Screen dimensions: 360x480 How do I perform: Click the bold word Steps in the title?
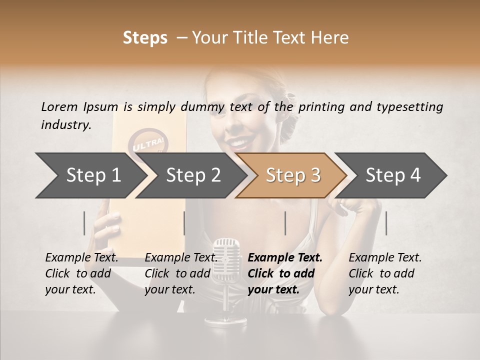click(x=145, y=38)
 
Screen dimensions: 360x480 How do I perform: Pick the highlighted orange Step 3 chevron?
click(x=292, y=175)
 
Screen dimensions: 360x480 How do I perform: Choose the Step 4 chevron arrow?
click(x=392, y=175)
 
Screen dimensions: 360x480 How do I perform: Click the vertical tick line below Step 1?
click(x=84, y=223)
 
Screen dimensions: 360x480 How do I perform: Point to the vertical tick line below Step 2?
click(x=184, y=223)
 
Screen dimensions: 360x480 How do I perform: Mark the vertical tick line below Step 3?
click(x=285, y=223)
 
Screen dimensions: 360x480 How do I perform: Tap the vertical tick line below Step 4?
click(x=386, y=223)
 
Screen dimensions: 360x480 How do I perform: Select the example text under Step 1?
click(x=80, y=273)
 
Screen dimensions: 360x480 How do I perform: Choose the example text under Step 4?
click(x=383, y=273)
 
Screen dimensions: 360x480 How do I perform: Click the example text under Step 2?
click(x=180, y=273)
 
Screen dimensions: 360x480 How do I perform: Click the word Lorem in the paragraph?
click(x=59, y=106)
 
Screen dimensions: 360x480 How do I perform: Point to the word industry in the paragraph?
click(x=65, y=125)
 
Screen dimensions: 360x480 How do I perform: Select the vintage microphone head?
click(x=226, y=255)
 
